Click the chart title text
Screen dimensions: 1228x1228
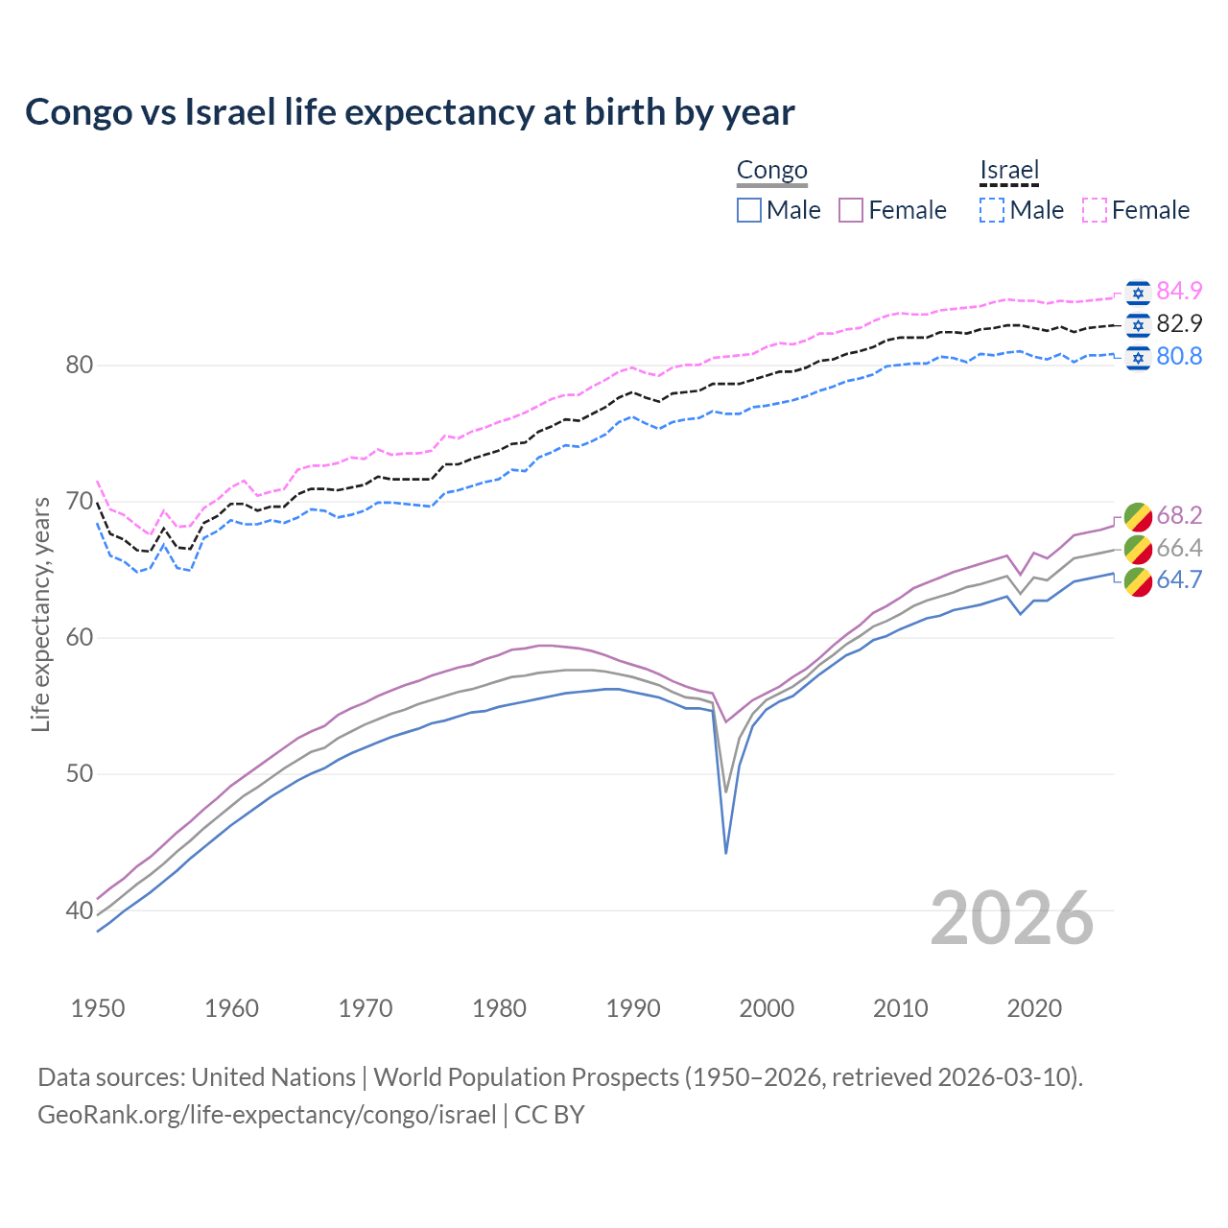410,112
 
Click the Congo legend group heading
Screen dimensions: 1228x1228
771,171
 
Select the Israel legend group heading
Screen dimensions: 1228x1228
1009,171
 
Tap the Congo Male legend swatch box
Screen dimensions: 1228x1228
749,210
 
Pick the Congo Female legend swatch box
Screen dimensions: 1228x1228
852,210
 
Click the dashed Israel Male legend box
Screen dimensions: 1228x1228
992,210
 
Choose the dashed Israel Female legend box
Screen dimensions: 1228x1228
1095,210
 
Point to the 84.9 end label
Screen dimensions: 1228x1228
1179,292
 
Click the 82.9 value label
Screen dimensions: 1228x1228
1179,324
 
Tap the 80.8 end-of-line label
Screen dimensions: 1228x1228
1179,357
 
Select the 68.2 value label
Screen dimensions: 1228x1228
1179,516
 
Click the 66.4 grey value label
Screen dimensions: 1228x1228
1179,549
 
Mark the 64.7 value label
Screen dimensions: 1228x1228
1179,580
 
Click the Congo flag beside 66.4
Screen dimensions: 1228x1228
1138,549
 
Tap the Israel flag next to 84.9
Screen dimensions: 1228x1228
1138,292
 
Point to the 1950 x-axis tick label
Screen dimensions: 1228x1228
98,1008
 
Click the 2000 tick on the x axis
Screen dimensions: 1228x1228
767,1008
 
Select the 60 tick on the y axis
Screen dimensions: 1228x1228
79,638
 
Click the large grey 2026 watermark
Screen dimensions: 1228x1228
1012,918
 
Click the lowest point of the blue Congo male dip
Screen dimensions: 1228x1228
725,852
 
